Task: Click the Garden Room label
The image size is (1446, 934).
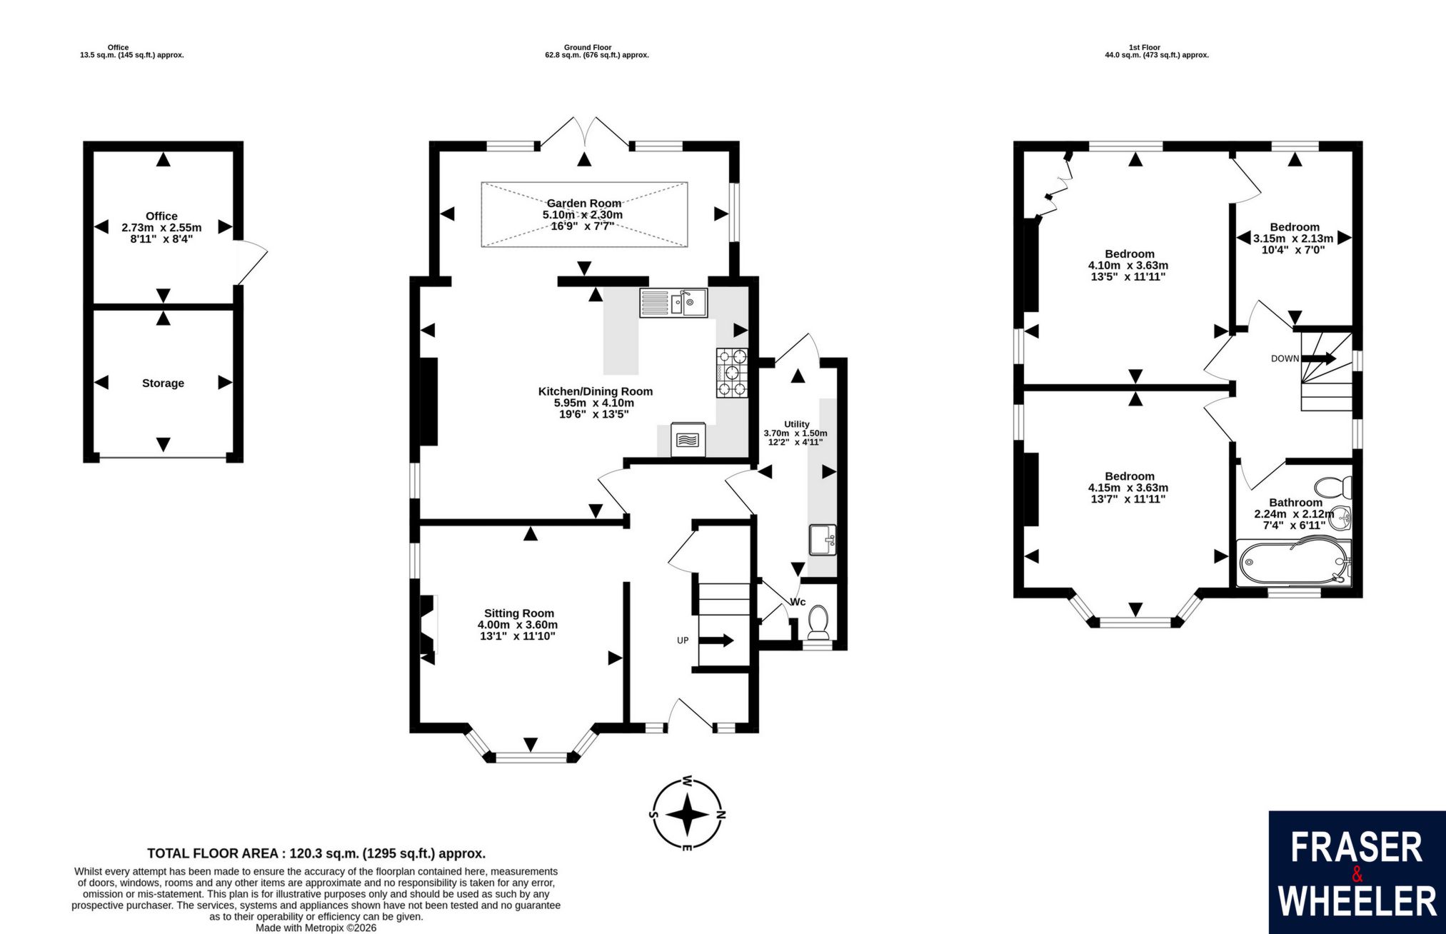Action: coord(584,204)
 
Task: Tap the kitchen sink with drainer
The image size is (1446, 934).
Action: coord(673,303)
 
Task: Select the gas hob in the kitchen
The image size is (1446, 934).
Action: coord(733,372)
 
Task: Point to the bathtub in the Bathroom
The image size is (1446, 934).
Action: coord(1294,563)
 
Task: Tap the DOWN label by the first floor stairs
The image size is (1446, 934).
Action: coord(1285,358)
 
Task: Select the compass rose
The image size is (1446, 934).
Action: coord(687,814)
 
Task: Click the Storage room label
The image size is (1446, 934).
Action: coord(163,383)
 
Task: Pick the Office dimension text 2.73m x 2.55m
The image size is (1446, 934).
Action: coord(161,228)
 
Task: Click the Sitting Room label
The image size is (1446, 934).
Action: coord(519,613)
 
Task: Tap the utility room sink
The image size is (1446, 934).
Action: coord(823,540)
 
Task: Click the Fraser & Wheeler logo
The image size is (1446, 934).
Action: coord(1357,873)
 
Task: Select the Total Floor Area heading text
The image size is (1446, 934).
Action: coord(316,853)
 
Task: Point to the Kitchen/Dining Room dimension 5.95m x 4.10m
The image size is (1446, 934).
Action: coord(594,403)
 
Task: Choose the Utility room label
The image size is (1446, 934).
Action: coord(797,424)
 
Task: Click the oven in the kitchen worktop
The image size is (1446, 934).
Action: coord(688,440)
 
